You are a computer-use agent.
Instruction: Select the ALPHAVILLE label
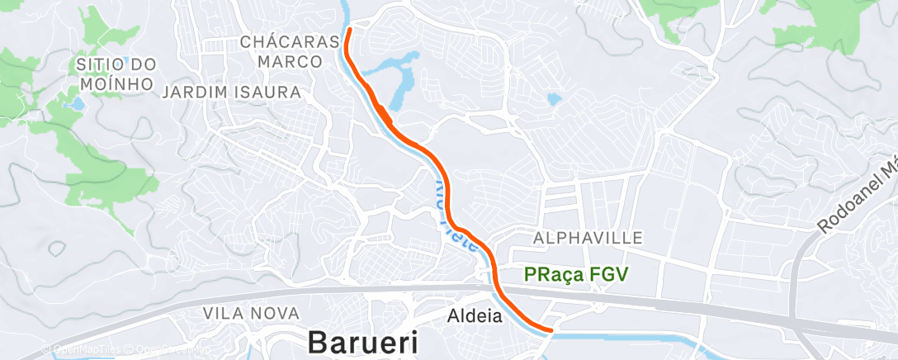pos(588,238)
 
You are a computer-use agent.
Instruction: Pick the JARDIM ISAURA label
pos(231,92)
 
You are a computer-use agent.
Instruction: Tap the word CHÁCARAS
pos(290,41)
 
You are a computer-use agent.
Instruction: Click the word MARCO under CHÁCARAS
pos(290,62)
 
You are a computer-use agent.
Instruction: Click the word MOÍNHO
pos(117,83)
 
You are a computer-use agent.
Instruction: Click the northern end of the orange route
pos(349,31)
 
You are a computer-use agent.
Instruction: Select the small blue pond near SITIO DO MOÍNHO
pos(77,105)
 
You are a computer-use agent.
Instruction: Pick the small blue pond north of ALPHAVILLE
pos(554,100)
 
